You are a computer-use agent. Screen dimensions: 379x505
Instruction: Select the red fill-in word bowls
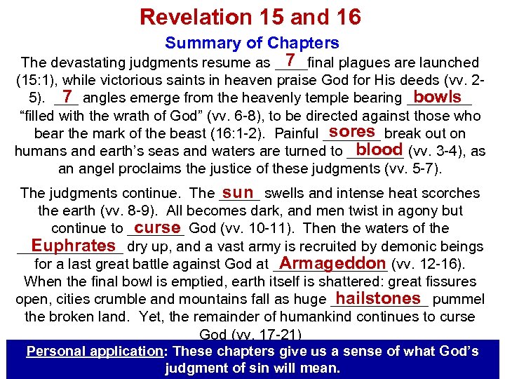[437, 96]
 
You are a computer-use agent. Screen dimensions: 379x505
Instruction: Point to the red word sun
[238, 192]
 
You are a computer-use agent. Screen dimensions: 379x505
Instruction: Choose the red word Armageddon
[328, 263]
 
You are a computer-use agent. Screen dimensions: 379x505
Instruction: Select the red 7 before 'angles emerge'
[67, 96]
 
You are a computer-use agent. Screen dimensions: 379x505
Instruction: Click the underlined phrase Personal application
[95, 351]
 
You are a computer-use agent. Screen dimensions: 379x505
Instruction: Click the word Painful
[297, 133]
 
